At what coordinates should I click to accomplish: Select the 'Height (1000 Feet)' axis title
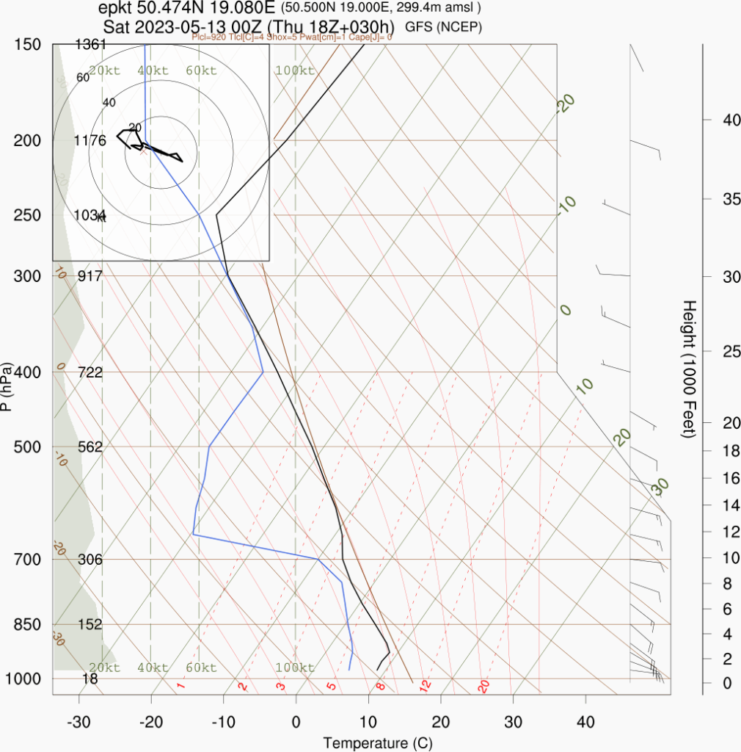689,369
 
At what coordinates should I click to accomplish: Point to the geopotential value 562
91,446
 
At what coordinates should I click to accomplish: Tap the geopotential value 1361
91,44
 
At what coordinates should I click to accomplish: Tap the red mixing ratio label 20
483,687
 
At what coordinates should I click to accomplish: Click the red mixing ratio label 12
425,687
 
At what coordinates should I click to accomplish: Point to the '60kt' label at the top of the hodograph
201,70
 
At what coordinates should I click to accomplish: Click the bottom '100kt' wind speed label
295,668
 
